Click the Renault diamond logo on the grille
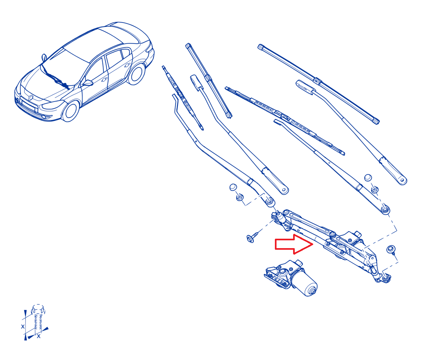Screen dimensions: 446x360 pyautogui.click(x=31, y=98)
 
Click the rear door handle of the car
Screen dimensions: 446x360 pyautogui.click(x=127, y=65)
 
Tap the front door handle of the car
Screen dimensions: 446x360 pyautogui.click(x=104, y=80)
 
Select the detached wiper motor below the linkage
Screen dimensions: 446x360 pyautogui.click(x=291, y=277)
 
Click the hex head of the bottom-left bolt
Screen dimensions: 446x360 pyautogui.click(x=38, y=310)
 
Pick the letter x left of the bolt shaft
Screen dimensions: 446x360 pyautogui.click(x=23, y=326)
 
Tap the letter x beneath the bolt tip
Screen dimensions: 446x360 pyautogui.click(x=38, y=336)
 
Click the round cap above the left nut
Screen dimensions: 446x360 pyautogui.click(x=233, y=187)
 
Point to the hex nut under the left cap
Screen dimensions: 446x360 pyautogui.click(x=239, y=197)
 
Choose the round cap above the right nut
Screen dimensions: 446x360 pyautogui.click(x=368, y=178)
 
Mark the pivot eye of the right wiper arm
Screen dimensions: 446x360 pyautogui.click(x=385, y=209)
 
